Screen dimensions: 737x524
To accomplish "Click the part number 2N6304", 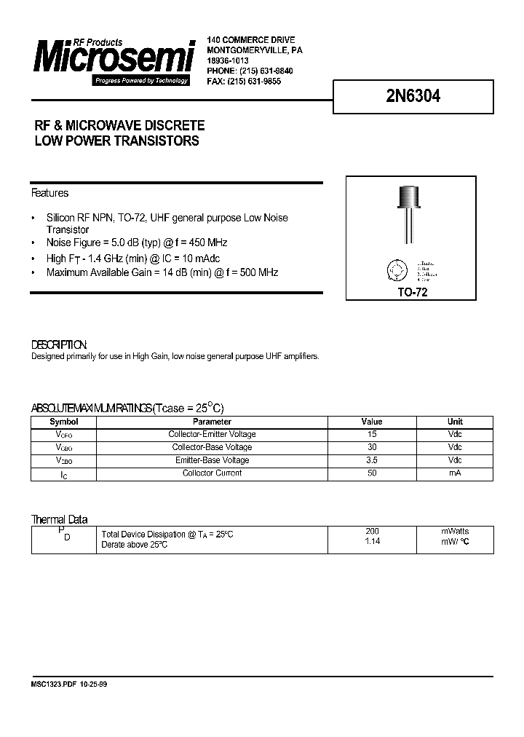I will (x=408, y=96).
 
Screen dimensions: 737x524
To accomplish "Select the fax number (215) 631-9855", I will (x=254, y=82).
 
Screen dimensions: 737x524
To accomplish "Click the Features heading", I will (x=49, y=193).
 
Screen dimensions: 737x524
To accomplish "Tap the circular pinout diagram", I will (x=397, y=271).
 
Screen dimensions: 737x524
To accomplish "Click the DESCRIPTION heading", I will (x=59, y=344).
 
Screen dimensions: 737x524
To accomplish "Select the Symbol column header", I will (x=63, y=422).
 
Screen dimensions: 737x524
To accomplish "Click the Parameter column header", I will (x=212, y=422).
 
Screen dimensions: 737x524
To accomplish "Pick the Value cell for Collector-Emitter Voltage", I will (x=372, y=435).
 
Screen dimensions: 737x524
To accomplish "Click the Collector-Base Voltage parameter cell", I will (x=212, y=447).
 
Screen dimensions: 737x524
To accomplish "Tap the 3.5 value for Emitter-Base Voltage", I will (x=372, y=460).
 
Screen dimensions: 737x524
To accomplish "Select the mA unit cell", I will (x=455, y=473).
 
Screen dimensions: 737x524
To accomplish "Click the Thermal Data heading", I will (x=59, y=519).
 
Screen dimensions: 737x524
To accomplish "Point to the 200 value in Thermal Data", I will (x=372, y=532).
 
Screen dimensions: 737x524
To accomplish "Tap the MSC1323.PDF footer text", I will (x=52, y=685).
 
